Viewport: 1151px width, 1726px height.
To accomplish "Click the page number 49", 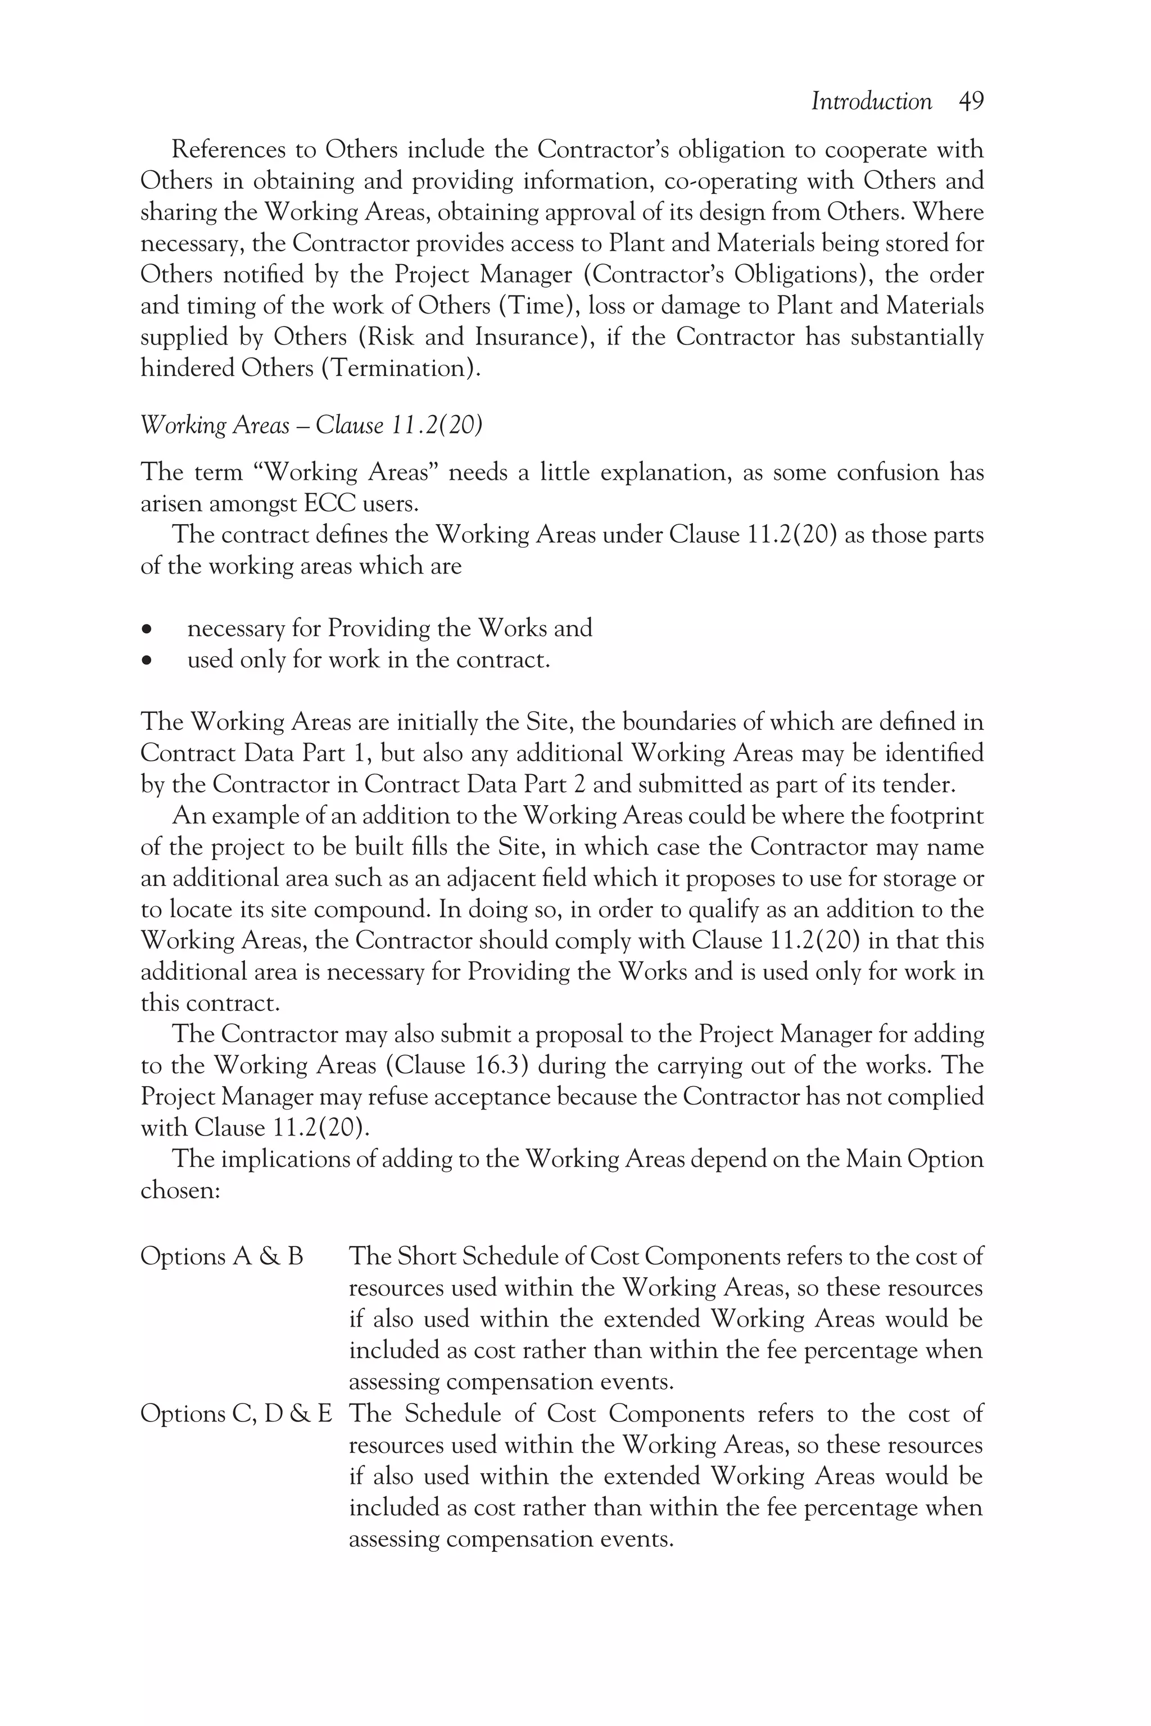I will point(971,101).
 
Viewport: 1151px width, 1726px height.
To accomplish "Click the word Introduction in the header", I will point(871,101).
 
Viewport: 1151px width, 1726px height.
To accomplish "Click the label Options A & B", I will point(221,1256).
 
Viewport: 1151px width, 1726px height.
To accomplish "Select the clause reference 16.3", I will point(499,1065).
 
